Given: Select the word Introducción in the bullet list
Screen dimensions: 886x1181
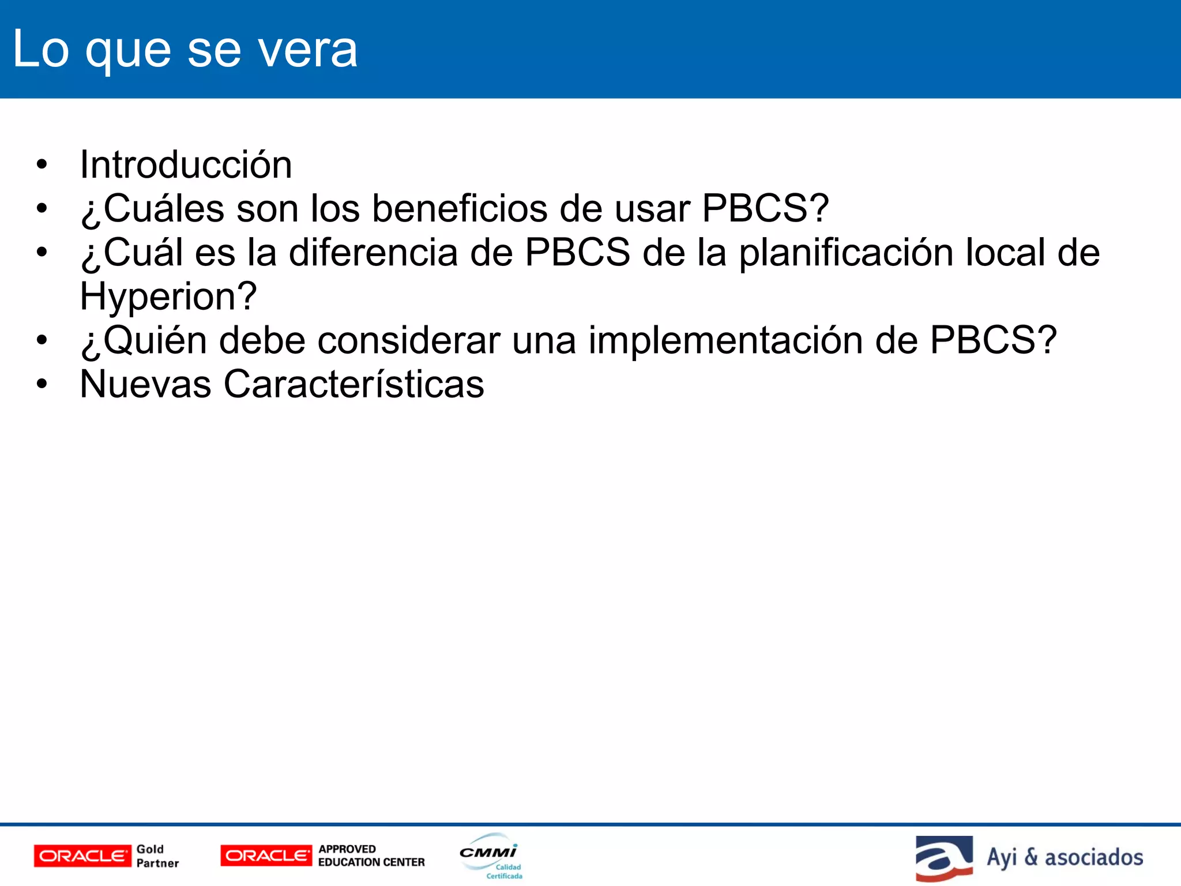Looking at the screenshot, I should coord(186,165).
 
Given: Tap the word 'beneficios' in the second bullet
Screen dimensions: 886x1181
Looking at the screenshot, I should coord(459,208).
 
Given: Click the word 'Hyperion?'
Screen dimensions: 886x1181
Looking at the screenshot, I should coord(168,296).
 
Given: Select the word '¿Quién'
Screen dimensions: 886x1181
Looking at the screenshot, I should coord(144,340).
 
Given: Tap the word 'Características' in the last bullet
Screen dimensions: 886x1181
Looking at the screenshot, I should coord(353,384).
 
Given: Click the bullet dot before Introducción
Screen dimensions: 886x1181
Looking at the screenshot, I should coord(41,165).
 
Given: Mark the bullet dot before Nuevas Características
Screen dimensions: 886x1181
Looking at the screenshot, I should coord(41,384).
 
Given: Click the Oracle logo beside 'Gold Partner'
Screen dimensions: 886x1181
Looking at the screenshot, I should coord(82,856).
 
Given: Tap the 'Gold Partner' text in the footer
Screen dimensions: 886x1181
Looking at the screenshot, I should coord(157,856).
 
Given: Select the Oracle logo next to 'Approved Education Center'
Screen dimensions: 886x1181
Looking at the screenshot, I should coord(266,856).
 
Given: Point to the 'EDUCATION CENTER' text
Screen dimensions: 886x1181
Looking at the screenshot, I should coord(371,862).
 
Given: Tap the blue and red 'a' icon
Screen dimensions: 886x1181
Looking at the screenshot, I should coord(943,858).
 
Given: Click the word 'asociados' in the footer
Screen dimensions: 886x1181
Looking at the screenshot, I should coord(1093,857).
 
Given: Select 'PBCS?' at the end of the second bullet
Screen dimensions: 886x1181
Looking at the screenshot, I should coord(765,208).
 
